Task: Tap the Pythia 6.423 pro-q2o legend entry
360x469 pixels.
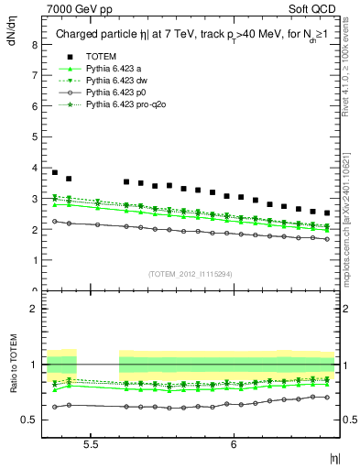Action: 122,104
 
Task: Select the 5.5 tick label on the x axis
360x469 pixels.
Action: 91,442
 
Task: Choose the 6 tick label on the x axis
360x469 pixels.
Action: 235,442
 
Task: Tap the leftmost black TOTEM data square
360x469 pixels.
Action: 55,172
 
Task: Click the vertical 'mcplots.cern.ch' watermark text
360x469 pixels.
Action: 351,234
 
